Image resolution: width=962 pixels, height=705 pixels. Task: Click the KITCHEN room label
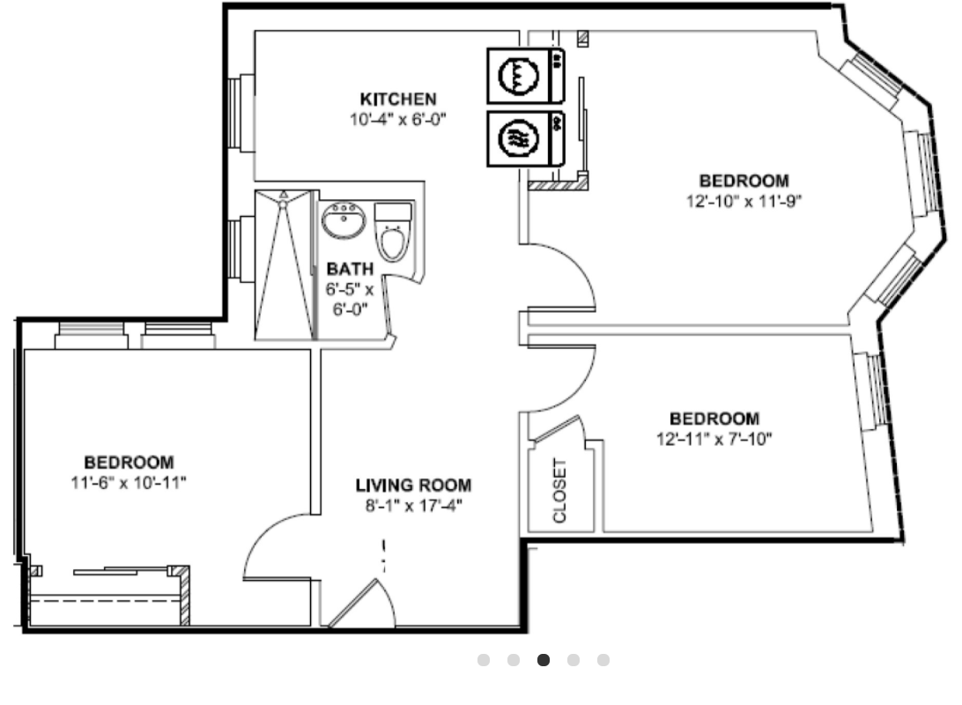398,99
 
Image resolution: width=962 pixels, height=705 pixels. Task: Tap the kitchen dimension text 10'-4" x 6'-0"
398,119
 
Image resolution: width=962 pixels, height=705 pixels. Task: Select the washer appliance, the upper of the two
526,76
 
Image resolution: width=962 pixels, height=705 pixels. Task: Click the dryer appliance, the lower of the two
526,138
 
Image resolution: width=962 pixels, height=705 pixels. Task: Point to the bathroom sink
344,220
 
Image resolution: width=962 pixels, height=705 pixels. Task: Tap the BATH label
350,269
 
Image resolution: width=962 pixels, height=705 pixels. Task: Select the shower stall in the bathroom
285,264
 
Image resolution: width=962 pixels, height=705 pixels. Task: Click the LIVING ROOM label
413,486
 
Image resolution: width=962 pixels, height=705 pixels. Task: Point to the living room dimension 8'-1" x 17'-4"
413,506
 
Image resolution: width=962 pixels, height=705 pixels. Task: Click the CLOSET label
559,491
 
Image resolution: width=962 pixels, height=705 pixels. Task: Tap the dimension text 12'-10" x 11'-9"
744,201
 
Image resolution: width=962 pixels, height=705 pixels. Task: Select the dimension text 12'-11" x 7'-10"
714,439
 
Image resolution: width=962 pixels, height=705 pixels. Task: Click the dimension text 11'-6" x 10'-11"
129,482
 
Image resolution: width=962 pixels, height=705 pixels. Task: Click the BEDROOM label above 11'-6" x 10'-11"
129,462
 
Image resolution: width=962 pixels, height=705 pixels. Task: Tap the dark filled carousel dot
543,659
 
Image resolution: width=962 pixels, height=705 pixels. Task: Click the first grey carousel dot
484,659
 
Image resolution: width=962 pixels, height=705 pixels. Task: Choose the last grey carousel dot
603,659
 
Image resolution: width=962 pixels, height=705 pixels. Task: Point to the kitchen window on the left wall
240,113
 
